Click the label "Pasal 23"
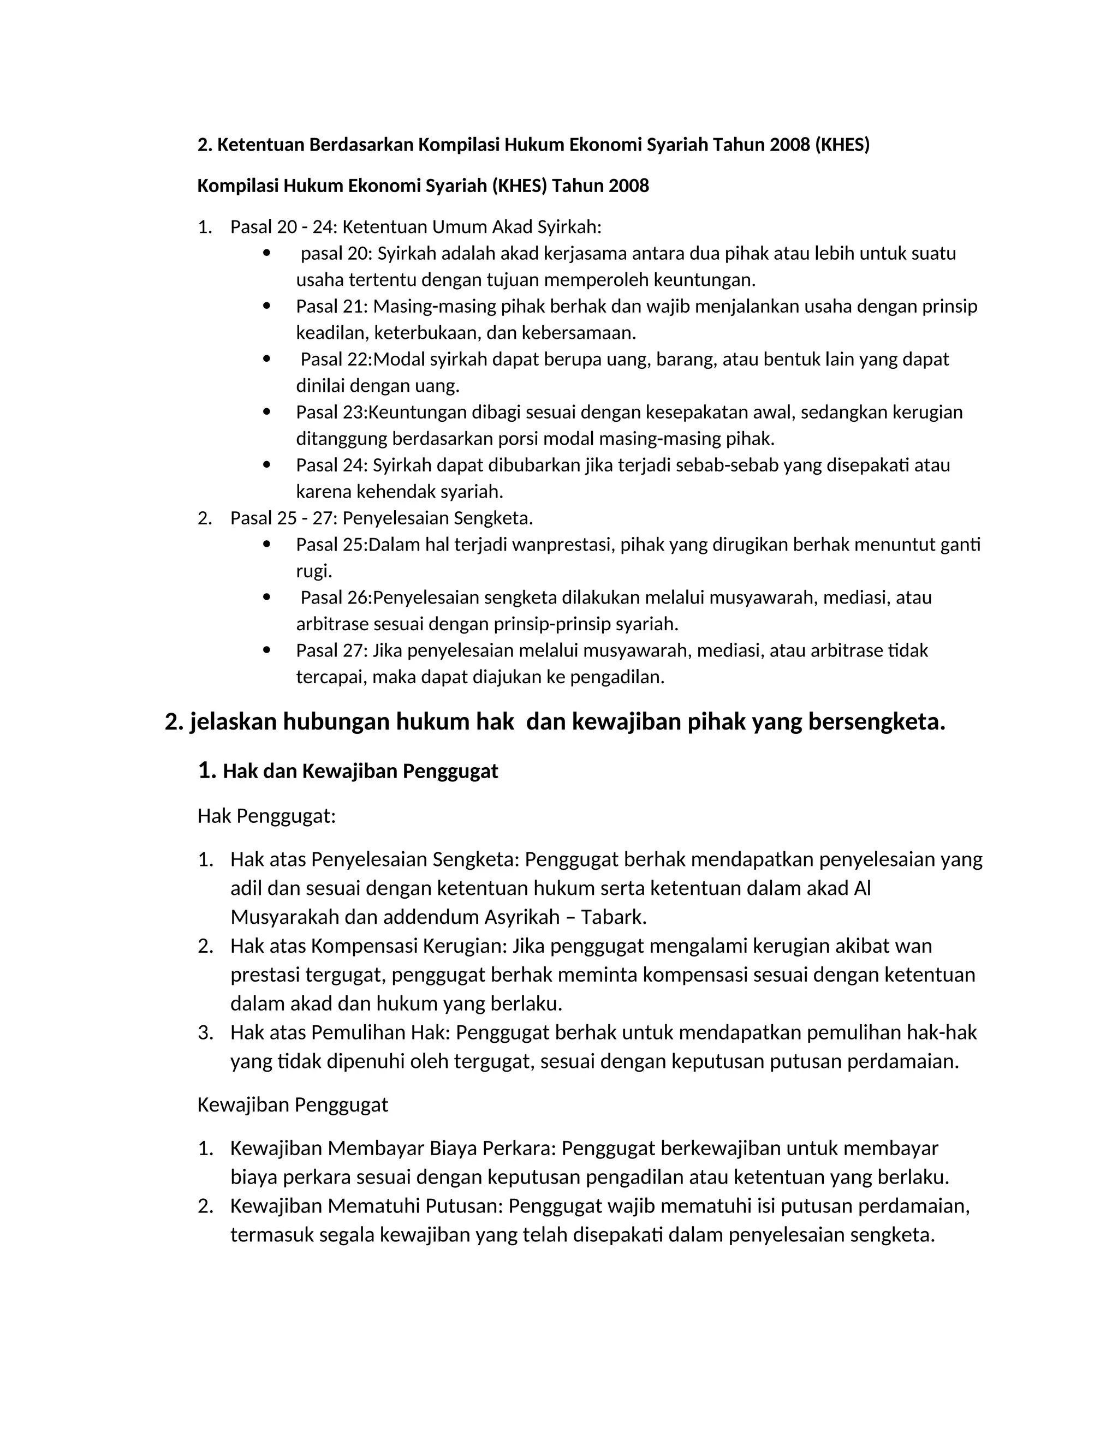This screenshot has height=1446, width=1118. [329, 413]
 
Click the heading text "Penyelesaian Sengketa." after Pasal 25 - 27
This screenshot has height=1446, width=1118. [438, 518]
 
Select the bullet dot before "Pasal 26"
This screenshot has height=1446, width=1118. [267, 596]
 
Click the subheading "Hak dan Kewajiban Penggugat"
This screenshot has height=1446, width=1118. [360, 772]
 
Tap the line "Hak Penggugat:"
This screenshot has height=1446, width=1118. [266, 816]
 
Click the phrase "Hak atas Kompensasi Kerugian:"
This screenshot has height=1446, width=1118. [369, 946]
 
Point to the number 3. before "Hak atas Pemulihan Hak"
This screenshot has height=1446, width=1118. [205, 1032]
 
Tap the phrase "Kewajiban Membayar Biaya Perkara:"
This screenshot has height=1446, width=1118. [393, 1148]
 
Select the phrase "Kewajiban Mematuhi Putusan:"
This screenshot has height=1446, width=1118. [366, 1206]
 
